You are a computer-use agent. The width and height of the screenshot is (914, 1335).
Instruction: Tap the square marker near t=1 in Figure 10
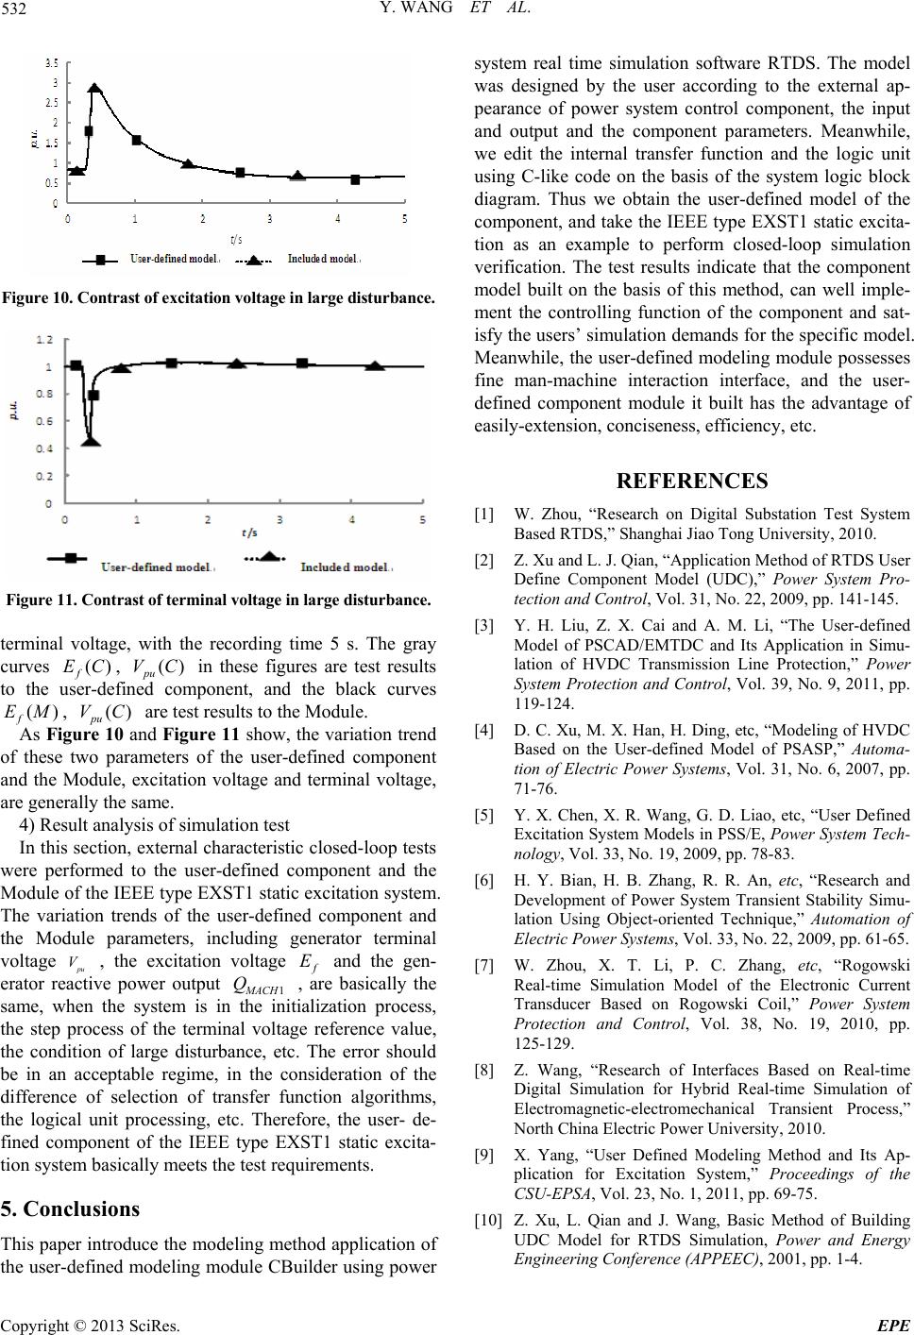point(136,140)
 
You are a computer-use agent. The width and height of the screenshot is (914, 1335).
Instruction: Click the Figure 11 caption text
point(218,600)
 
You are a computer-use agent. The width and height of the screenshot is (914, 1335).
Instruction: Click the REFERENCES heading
point(692,481)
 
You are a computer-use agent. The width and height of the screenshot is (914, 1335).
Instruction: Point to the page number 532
point(16,11)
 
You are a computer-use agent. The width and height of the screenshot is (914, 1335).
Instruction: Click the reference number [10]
point(487,1221)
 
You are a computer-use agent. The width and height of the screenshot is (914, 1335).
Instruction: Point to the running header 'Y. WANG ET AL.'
point(456,11)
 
